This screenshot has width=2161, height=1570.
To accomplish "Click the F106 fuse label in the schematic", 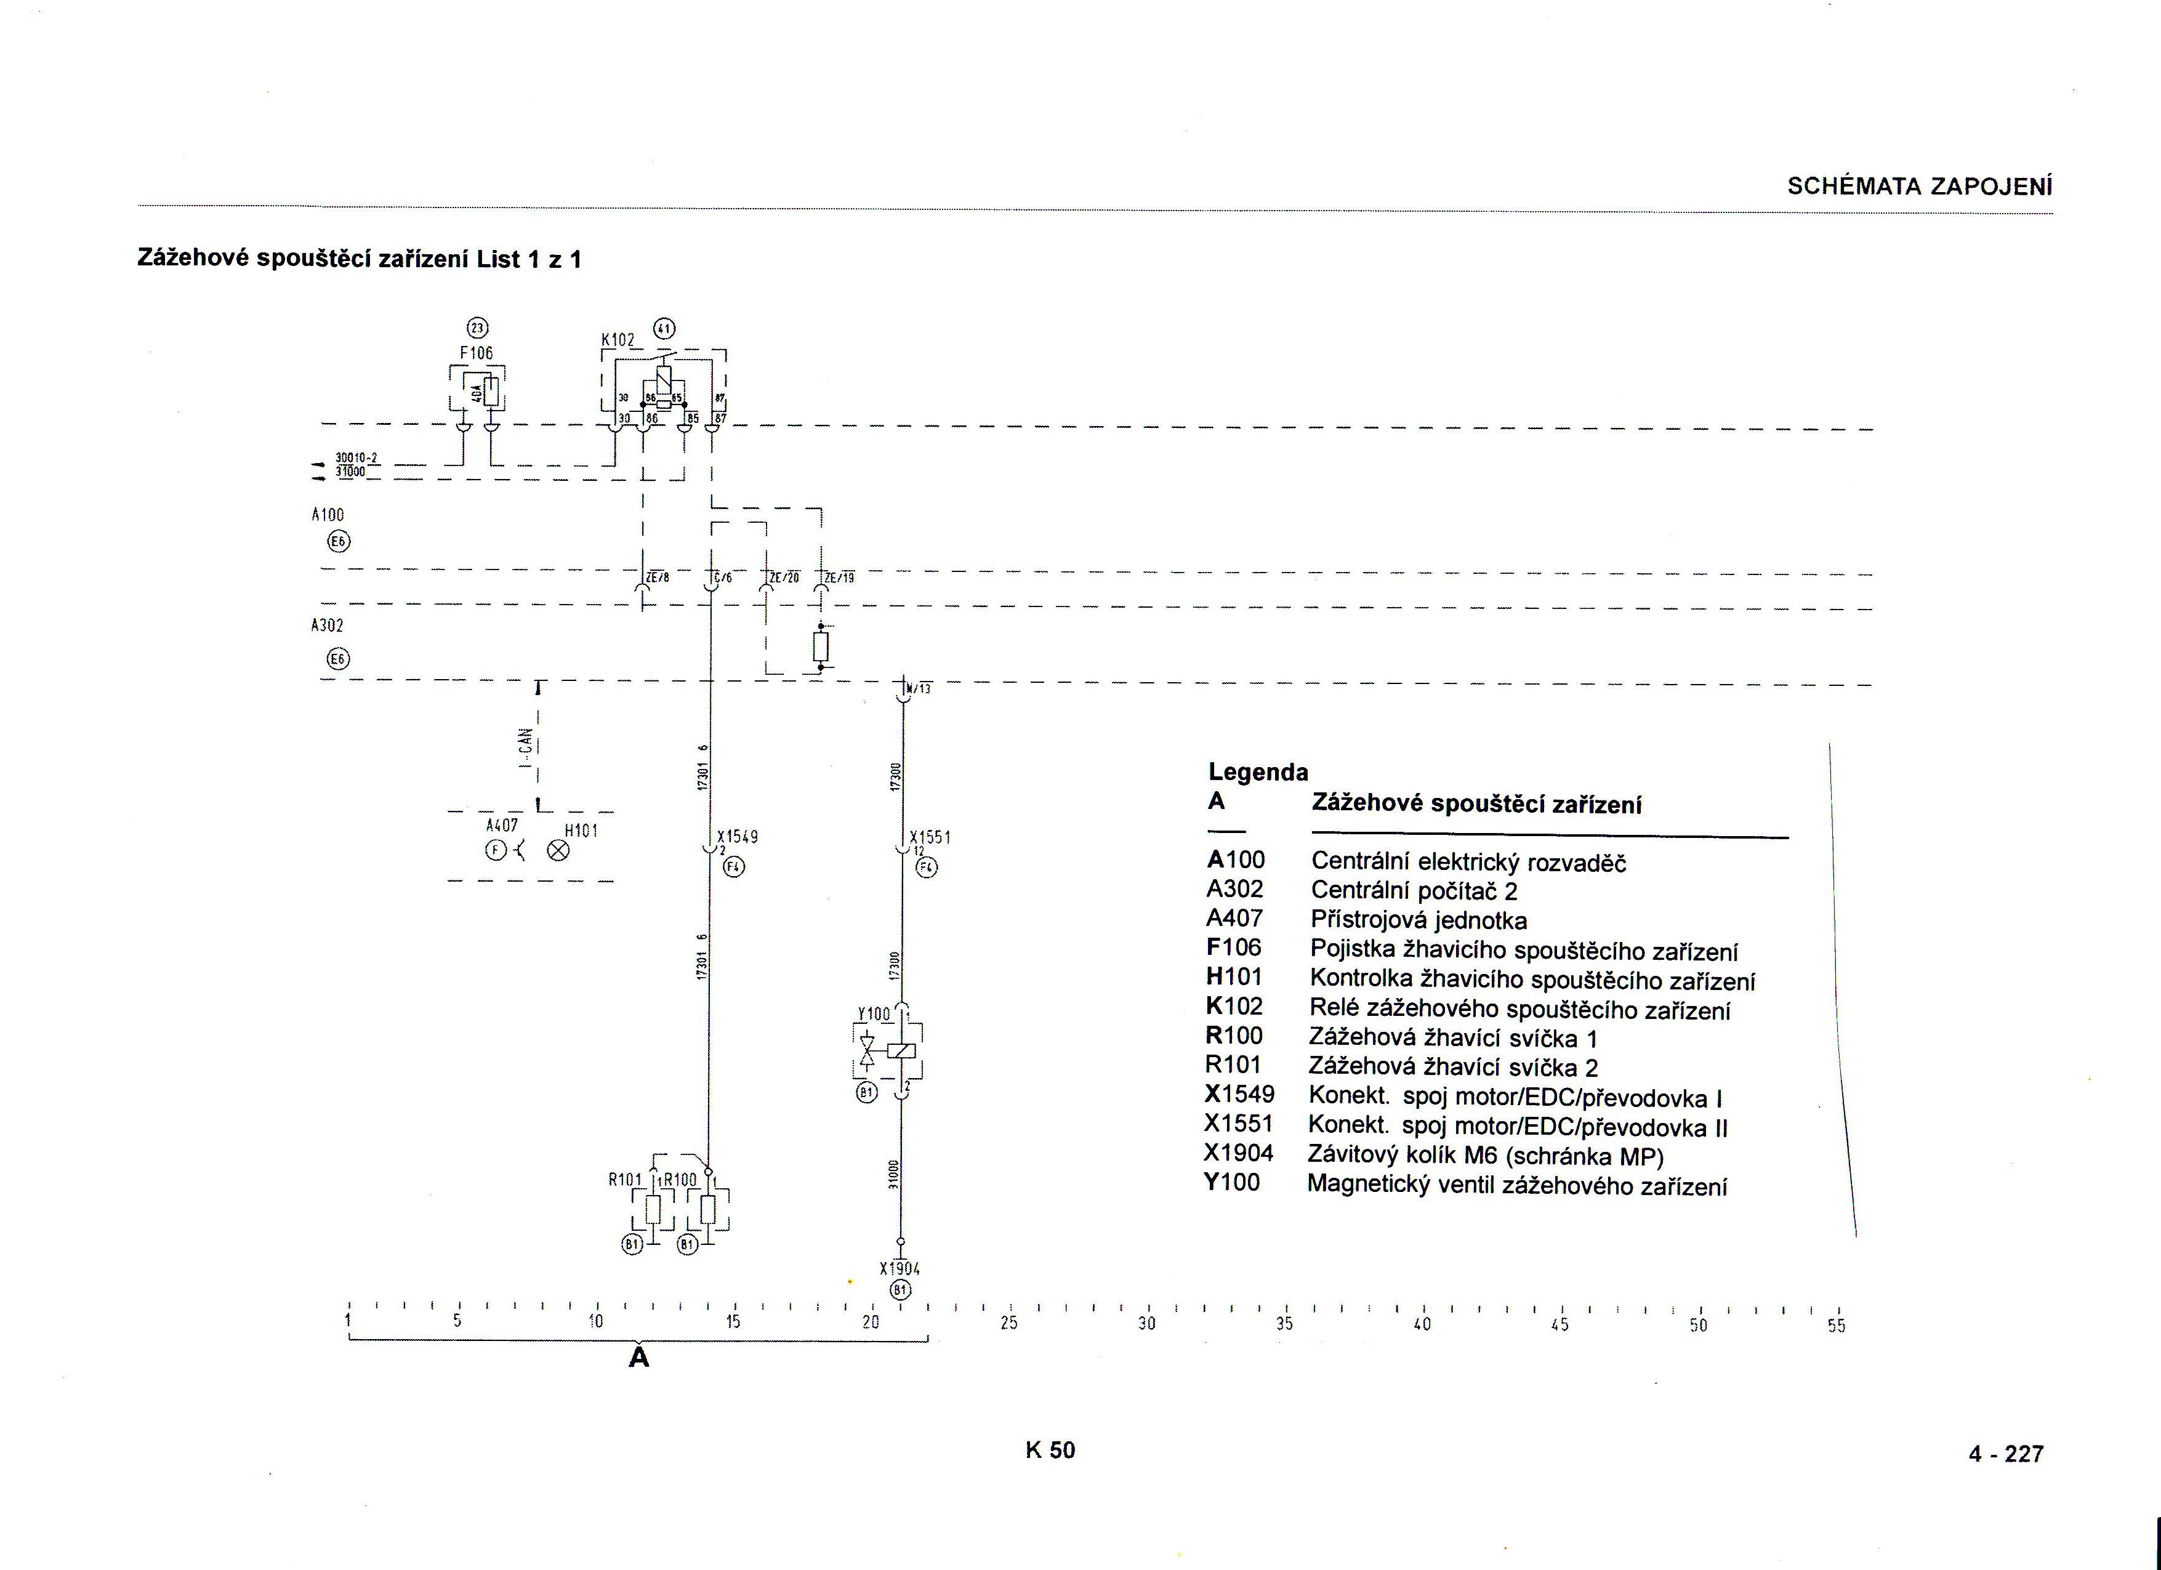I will (x=477, y=353).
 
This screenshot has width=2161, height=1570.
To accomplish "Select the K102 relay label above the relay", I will (x=618, y=339).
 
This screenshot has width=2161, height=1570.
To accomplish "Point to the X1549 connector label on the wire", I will (x=738, y=837).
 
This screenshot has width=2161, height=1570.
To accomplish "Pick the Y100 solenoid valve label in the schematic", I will (x=874, y=1013).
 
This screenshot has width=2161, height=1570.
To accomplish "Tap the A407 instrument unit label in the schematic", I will (x=501, y=825).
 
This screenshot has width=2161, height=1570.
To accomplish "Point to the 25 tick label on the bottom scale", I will (x=1009, y=1323).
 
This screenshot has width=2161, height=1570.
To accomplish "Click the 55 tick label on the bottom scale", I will (x=1836, y=1325).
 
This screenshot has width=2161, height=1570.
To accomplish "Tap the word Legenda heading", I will (x=1258, y=771).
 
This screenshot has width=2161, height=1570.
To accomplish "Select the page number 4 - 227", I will (x=2006, y=1454).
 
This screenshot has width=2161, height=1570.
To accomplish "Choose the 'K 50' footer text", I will (x=1050, y=1450).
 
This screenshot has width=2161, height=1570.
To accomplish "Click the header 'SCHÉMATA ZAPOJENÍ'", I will (x=1919, y=186).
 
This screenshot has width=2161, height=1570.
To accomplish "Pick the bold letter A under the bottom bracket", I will (x=638, y=1358).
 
